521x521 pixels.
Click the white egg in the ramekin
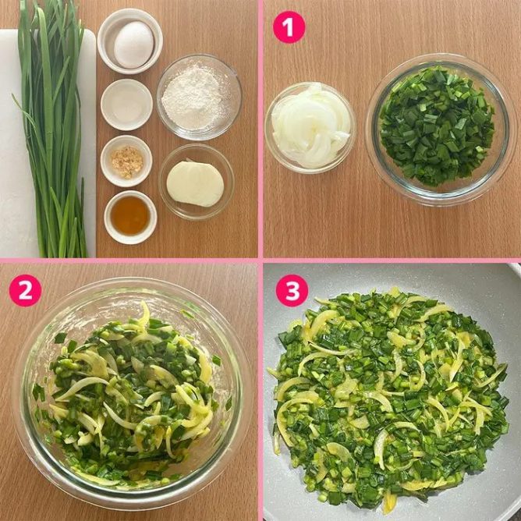[134, 44]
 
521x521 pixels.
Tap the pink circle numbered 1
[289, 27]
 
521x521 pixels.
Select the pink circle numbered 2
[25, 290]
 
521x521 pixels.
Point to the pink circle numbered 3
[292, 290]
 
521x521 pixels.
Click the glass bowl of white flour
[199, 97]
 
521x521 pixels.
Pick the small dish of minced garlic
[126, 161]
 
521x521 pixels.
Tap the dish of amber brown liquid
[130, 218]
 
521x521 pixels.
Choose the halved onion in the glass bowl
[195, 184]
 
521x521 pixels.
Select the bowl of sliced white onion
[310, 128]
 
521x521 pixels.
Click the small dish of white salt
[126, 105]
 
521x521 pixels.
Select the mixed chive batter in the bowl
[131, 395]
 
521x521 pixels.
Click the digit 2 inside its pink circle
[25, 291]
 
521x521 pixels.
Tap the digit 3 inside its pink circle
[292, 291]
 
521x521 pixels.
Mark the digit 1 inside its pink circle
[289, 27]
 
